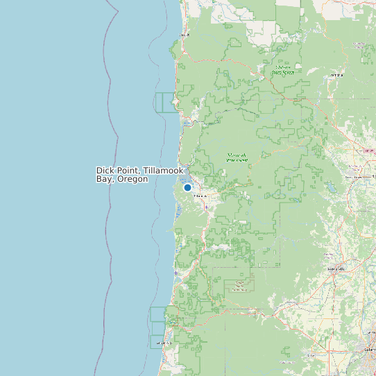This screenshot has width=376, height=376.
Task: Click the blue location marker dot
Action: [x=187, y=187]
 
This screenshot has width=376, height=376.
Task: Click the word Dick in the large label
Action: [x=105, y=171]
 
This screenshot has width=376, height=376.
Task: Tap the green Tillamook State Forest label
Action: [x=237, y=157]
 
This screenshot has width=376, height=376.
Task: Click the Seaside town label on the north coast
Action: [x=185, y=34]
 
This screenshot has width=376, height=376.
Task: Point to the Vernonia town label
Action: [x=337, y=74]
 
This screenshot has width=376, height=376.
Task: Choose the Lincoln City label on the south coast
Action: [x=164, y=343]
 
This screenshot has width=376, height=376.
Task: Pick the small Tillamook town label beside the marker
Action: [x=200, y=196]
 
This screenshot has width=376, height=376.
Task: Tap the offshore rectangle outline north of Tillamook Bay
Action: [x=166, y=102]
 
